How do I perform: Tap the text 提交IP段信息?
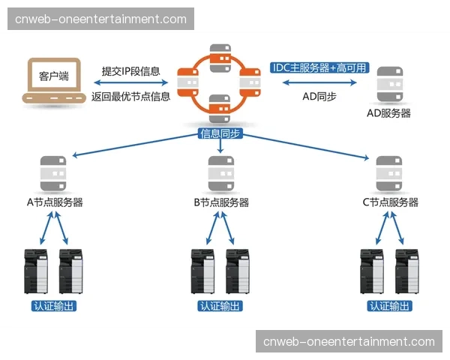click(131, 71)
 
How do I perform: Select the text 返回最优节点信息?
click(131, 96)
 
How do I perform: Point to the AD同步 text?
click(319, 96)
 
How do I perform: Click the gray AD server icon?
click(388, 84)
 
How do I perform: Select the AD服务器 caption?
click(388, 114)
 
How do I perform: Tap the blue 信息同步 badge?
click(220, 134)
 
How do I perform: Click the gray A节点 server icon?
click(51, 172)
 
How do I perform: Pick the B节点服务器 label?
click(221, 202)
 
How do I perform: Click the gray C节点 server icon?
click(388, 172)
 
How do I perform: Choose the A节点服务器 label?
click(54, 202)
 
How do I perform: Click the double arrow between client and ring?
click(131, 84)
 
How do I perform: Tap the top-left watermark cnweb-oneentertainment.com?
click(100, 19)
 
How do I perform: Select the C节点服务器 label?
click(390, 202)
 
